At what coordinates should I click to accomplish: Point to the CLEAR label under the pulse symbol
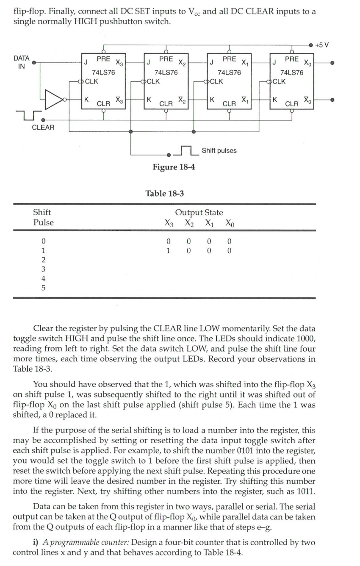(43, 127)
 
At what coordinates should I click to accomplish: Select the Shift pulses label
(219, 150)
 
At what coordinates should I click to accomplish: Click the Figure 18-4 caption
(174, 167)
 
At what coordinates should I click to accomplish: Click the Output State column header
(199, 212)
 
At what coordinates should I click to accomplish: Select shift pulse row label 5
(43, 288)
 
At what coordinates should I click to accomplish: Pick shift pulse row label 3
(43, 269)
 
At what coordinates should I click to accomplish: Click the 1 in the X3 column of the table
(169, 250)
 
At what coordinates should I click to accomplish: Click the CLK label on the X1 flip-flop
(216, 81)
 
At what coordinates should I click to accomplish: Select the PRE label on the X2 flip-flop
(166, 59)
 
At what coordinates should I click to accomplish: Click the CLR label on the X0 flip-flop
(292, 103)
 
